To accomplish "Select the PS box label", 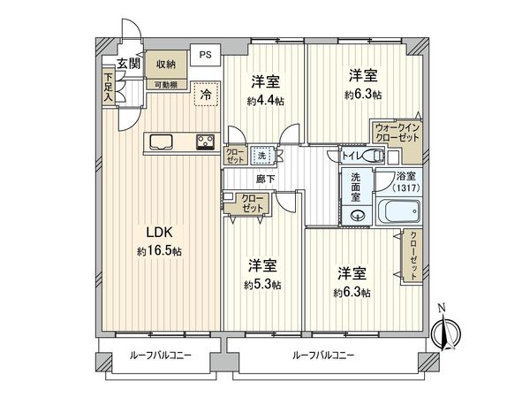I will coord(205,55).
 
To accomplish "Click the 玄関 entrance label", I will coord(128,63).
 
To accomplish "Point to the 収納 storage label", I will coord(166,64).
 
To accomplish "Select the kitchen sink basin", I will coord(163,142).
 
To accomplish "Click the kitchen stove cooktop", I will coord(205,142).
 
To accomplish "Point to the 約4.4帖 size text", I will coord(265,101).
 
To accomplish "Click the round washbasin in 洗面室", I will coord(359,214).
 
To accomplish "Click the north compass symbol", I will coord(446,333).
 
